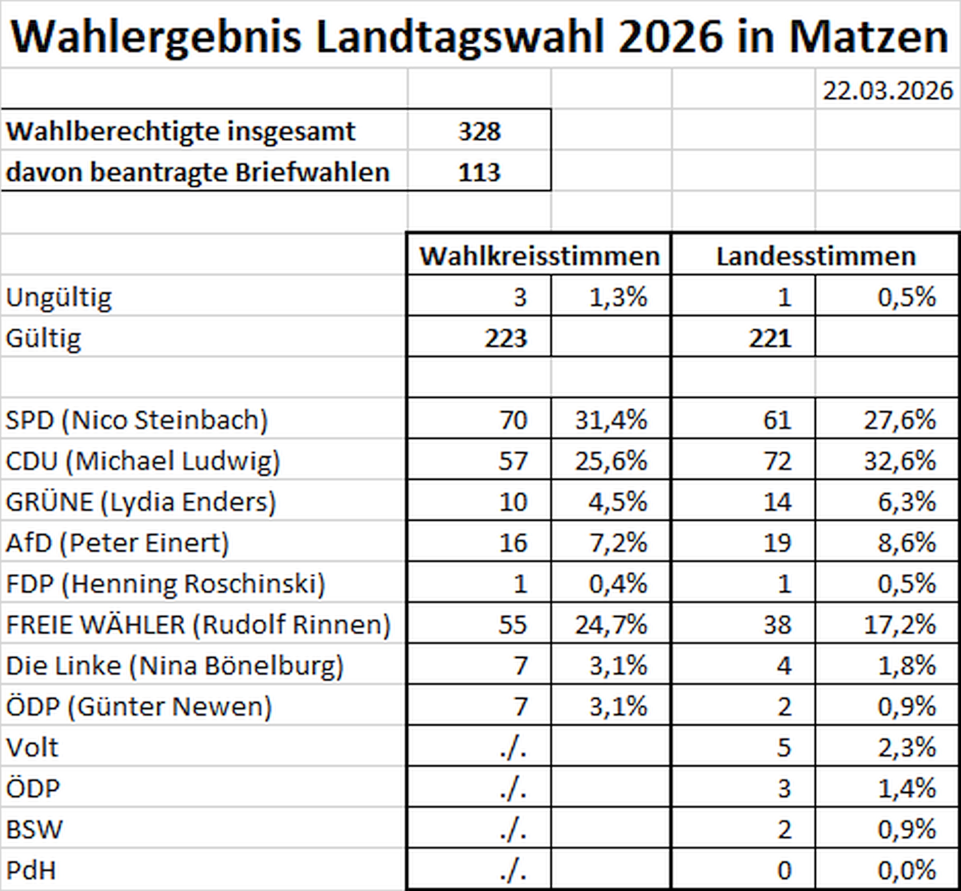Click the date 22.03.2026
tap(887, 91)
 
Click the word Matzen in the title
tap(868, 37)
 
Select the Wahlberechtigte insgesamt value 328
tap(479, 132)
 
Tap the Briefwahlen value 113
tap(479, 173)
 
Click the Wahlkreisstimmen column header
tap(540, 256)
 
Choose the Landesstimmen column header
tap(816, 256)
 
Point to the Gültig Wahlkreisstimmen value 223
tap(506, 339)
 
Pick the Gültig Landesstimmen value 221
tap(770, 339)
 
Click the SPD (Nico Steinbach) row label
tap(137, 420)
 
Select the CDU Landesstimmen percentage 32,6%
tap(899, 461)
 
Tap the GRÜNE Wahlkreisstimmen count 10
tap(513, 502)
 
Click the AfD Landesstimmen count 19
tap(777, 543)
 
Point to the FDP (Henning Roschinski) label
tap(165, 584)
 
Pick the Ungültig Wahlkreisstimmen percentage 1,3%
tap(618, 298)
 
